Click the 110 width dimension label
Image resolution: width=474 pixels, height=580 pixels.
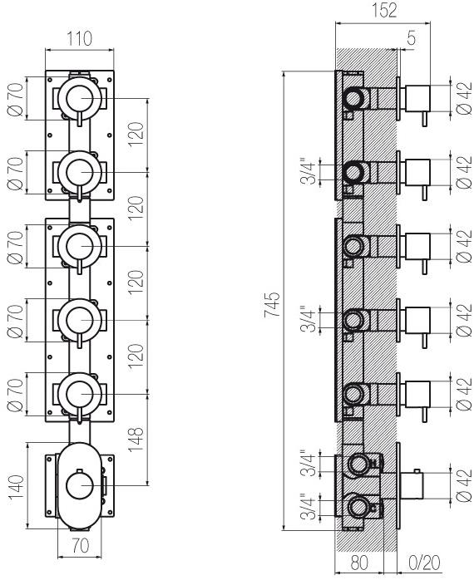coord(79,39)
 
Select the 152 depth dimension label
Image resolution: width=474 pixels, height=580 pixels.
coord(384,10)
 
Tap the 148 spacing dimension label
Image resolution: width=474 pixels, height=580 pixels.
coord(136,439)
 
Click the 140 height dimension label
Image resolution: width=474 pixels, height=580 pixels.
coord(17,487)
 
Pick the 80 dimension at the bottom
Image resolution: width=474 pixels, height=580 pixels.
coord(359,563)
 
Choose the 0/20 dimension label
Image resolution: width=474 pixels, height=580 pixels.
coord(424,563)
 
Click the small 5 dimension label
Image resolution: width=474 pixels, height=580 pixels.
coord(411,38)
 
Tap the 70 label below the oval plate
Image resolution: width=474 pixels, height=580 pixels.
coord(81,545)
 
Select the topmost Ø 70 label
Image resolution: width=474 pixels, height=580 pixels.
coord(16,99)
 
